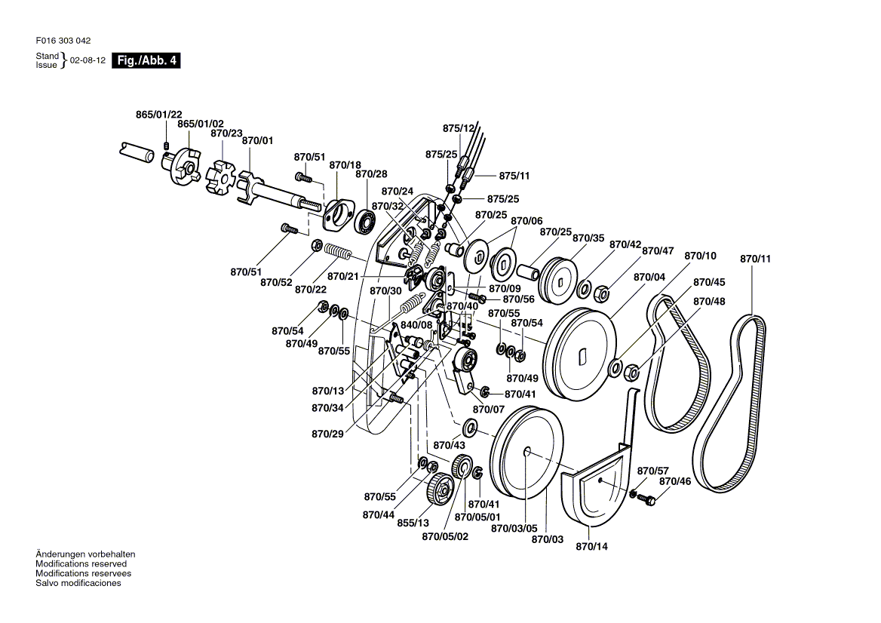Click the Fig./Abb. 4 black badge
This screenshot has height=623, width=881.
(x=146, y=60)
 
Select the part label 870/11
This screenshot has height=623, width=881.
(x=755, y=259)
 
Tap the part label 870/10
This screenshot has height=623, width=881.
(x=701, y=256)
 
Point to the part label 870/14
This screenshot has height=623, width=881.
(x=591, y=546)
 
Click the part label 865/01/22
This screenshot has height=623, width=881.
(x=159, y=115)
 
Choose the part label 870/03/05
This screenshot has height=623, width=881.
(x=514, y=529)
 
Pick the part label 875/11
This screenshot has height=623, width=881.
(x=514, y=176)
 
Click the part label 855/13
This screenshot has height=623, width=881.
(x=413, y=523)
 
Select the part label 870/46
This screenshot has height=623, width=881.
(x=675, y=481)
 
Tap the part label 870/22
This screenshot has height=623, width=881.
(x=311, y=289)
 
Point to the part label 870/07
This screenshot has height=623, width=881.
(x=489, y=410)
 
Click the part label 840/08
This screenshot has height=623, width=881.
(x=416, y=325)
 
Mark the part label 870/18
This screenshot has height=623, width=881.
(x=345, y=164)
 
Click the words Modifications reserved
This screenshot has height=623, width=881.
(x=81, y=563)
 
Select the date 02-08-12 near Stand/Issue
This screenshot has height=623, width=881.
(x=87, y=60)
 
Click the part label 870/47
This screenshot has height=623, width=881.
(x=658, y=250)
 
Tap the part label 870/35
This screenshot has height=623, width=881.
(x=588, y=238)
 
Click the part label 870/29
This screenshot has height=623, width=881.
(x=327, y=434)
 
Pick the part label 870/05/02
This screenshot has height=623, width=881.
(x=445, y=536)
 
